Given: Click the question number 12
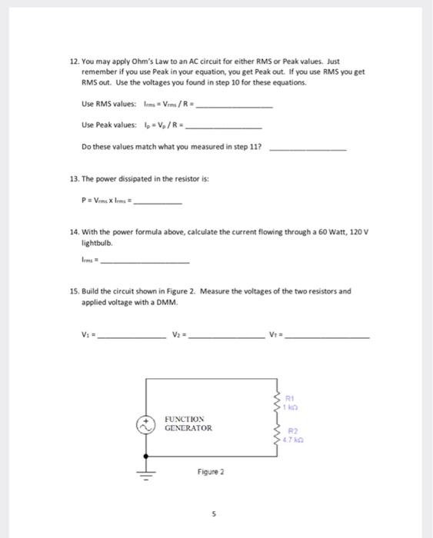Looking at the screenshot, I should tap(74, 60).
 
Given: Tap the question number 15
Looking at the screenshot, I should tap(74, 291).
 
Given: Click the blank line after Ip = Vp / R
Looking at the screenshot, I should tap(224, 127).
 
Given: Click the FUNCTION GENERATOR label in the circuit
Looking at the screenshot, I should tap(188, 423).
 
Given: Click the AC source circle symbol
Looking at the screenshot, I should tap(145, 424).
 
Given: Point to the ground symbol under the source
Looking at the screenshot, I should tap(145, 473).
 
